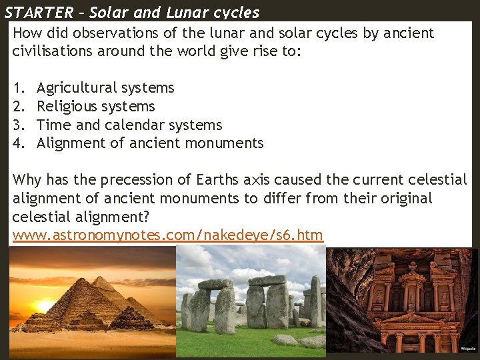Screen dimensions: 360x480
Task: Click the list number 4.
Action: tap(17, 143)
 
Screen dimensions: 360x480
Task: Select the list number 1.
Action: tap(17, 88)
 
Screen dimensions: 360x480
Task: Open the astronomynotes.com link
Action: tap(167, 235)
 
